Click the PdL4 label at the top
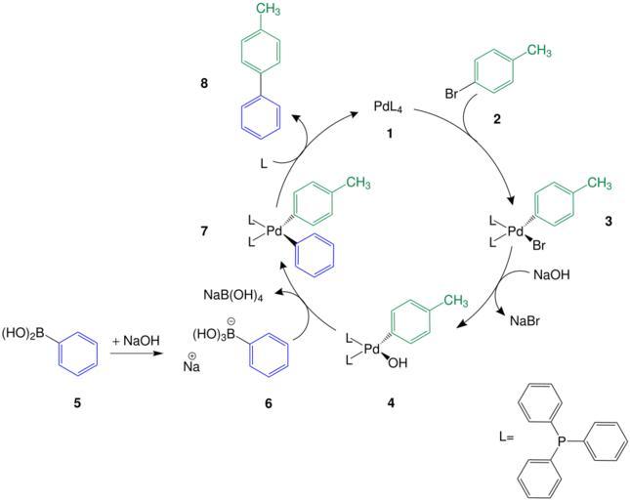389,104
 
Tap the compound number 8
203,85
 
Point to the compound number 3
609,222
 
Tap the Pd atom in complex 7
274,230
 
